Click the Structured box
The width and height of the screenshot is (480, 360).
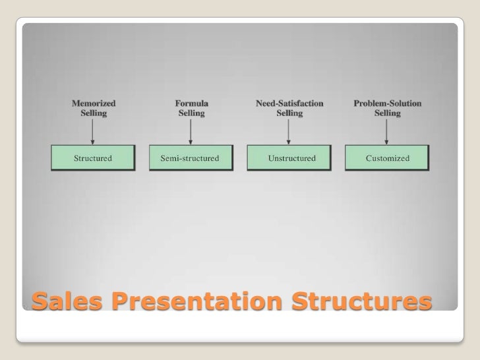point(93,158)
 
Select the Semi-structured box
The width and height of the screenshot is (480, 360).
point(191,158)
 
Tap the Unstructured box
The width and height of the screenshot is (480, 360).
point(288,158)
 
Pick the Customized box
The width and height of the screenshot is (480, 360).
point(387,158)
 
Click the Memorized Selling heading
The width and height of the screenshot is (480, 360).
point(93,108)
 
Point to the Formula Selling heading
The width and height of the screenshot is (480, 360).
point(191,108)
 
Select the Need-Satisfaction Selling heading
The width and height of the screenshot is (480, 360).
point(289,108)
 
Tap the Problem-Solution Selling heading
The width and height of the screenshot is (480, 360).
point(388,108)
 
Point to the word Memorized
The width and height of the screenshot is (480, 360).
point(93,104)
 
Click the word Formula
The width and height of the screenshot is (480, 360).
point(191,104)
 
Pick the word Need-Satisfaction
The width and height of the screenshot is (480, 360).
point(289,104)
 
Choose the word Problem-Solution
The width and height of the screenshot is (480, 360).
point(388,104)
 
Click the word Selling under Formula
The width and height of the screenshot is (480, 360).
point(191,113)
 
